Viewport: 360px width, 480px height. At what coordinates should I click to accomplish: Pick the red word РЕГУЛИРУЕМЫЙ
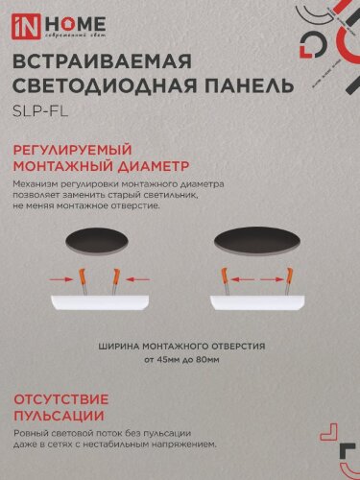tap(79, 150)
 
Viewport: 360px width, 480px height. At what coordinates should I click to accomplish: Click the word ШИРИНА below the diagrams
tap(122, 346)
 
